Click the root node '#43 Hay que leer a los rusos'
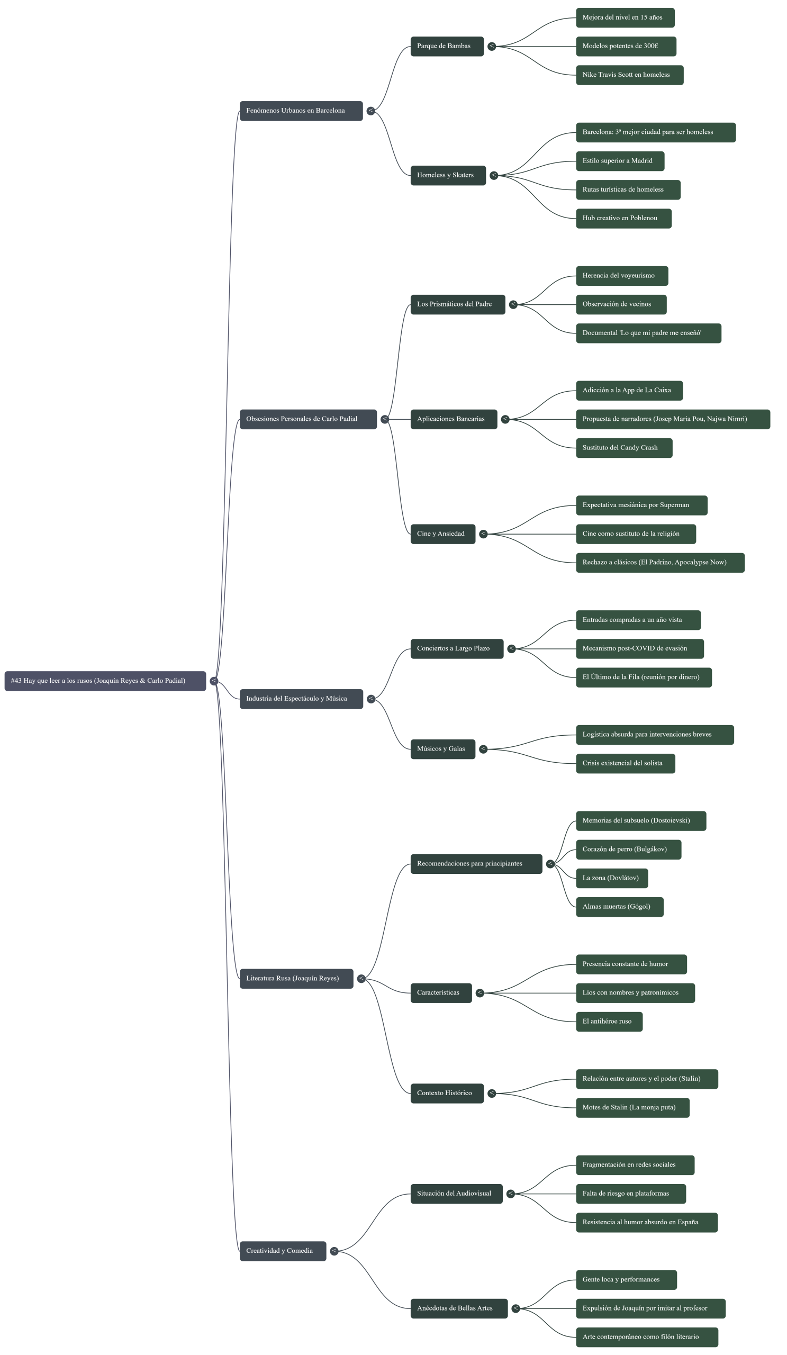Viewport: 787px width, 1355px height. coord(105,681)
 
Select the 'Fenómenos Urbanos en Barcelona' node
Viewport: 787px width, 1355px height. coord(301,111)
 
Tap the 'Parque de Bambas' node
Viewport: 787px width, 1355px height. coord(447,46)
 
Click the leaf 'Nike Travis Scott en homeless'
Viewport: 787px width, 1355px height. coord(629,75)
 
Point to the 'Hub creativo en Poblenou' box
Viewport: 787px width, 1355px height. coord(623,218)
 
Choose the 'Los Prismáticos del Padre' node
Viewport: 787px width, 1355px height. coord(457,304)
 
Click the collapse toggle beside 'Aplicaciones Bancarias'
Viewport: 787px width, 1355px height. coord(505,419)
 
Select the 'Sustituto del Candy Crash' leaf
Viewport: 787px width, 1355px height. coord(623,448)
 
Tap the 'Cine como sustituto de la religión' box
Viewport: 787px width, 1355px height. coord(636,534)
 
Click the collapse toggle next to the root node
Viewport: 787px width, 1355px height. coord(214,681)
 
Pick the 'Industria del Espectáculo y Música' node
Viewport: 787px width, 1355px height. coord(301,699)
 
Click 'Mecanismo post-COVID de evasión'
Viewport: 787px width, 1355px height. coord(640,648)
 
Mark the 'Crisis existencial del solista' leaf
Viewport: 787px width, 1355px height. coord(625,763)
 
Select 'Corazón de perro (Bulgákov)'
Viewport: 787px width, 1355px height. coord(628,849)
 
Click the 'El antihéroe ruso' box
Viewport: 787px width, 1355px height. coord(609,1021)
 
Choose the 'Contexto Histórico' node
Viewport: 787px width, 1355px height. coord(447,1093)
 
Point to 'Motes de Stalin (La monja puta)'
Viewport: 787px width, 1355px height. coord(632,1107)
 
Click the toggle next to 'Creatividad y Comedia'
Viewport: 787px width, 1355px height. coord(334,1251)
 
